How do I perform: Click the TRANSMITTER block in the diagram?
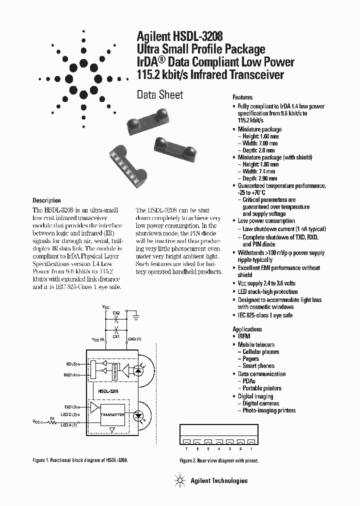click(112, 414)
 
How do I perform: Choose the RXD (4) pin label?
click(71, 374)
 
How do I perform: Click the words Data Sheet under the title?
click(160, 94)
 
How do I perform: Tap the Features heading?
click(242, 97)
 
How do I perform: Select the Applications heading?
click(247, 329)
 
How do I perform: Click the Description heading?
click(46, 200)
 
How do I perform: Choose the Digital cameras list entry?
click(260, 403)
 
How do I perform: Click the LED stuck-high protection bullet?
click(267, 291)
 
